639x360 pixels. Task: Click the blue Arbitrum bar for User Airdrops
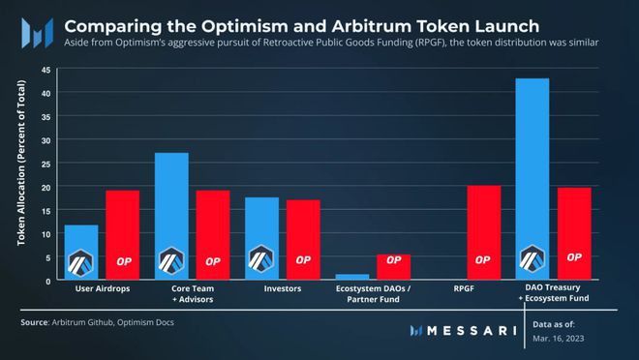81,253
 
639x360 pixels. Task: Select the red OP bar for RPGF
483,232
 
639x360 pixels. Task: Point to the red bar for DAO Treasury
574,233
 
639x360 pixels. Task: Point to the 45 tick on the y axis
46,69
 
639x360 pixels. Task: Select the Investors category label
282,288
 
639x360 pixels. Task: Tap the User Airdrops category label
102,288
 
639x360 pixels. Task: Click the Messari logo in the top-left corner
32,31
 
